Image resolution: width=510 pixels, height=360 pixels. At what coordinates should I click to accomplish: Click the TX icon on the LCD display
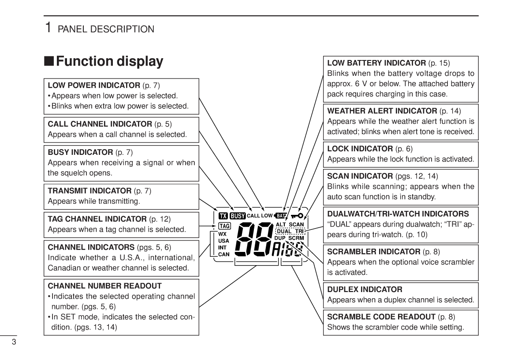pos(223,216)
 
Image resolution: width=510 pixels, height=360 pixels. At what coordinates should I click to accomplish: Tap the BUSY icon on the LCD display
pos(238,216)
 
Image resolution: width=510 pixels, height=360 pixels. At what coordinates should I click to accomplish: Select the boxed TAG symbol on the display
pos(224,226)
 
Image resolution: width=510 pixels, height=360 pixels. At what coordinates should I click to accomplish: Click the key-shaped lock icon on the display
pos(297,215)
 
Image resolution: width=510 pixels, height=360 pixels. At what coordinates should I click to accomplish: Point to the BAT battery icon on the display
pos(281,215)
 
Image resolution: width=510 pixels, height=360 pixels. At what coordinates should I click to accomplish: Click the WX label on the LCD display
pos(223,234)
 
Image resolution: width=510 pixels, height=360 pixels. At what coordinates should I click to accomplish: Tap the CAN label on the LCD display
pos(224,254)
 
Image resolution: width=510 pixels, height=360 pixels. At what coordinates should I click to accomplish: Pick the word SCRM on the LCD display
pos(296,238)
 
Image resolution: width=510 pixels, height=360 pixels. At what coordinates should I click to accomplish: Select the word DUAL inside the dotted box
pos(284,231)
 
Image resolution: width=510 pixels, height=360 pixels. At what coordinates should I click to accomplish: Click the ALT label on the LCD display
pos(281,224)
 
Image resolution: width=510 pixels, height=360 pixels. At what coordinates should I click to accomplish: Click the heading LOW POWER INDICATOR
pos(94,85)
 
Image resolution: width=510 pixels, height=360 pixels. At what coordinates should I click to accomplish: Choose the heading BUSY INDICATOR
pos(80,152)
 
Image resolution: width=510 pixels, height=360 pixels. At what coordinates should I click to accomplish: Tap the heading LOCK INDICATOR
pos(360,149)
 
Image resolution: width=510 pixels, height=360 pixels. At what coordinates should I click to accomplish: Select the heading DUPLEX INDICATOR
pos(365,289)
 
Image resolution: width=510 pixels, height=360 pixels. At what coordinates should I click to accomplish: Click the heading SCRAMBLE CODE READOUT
pos(381,317)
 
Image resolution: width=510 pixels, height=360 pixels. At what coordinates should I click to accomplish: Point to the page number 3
pos(14,342)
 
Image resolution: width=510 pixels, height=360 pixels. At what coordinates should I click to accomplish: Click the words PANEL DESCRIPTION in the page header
pos(106,29)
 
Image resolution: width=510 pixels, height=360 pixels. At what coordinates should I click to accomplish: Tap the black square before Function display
pos(49,61)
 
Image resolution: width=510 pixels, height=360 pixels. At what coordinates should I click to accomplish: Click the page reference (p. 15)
pos(439,63)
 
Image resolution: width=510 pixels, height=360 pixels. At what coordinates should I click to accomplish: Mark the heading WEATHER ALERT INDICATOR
pos(382,111)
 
